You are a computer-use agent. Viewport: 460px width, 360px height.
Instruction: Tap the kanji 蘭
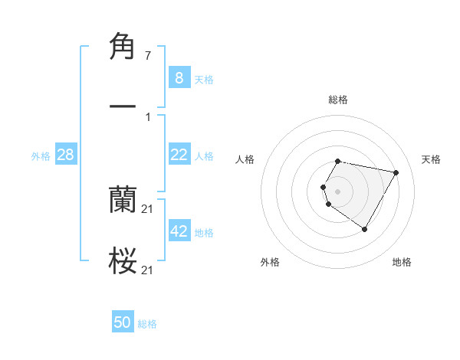[x=123, y=200]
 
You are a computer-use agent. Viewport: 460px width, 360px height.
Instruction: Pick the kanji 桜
[x=123, y=260]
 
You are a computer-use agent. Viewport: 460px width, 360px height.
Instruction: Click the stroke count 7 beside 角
[x=148, y=57]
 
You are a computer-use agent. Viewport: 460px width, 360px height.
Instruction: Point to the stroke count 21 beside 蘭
[x=148, y=209]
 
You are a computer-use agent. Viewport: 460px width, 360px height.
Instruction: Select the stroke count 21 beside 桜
[x=148, y=270]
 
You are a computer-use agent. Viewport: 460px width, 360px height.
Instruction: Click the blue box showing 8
[x=179, y=77]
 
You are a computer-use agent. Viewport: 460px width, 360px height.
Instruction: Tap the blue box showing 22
[x=179, y=154]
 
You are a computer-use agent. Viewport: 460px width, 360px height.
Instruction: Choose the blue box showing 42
[x=179, y=231]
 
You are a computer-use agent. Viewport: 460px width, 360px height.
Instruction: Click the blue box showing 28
[x=66, y=155]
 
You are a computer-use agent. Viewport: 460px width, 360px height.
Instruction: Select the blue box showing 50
[x=123, y=322]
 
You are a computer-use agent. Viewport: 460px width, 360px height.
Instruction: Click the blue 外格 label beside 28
[x=41, y=155]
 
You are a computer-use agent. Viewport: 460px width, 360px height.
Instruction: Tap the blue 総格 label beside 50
[x=147, y=324]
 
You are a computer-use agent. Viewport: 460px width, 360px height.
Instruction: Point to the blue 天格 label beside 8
[x=204, y=79]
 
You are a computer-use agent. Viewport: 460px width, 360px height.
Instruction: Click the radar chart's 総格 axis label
[x=338, y=100]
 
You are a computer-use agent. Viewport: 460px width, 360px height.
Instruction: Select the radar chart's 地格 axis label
[x=402, y=262]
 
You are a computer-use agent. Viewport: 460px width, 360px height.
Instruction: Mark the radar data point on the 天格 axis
[x=396, y=172]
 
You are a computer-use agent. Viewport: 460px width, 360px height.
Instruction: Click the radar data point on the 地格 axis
[x=365, y=230]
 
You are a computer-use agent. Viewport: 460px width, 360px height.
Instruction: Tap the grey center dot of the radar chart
[x=338, y=191]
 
